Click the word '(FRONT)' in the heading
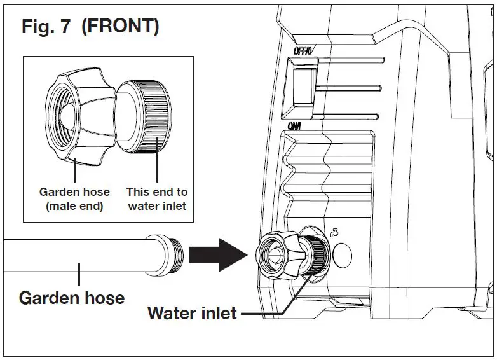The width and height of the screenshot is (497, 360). click(120, 27)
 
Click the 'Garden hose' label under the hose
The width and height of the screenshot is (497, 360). click(71, 297)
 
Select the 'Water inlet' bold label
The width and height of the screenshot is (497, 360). click(192, 313)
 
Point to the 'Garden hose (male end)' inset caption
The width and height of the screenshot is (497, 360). click(74, 198)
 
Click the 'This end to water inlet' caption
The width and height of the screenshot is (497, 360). click(157, 198)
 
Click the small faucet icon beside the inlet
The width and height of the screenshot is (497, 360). click(336, 233)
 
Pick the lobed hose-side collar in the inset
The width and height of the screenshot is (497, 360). click(77, 113)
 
